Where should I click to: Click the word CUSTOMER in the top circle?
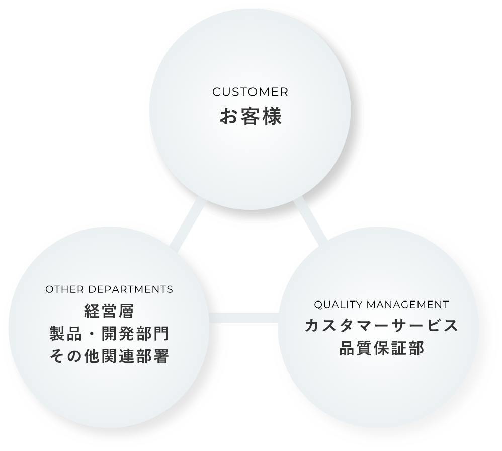(x=250, y=92)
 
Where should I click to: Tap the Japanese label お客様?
(x=250, y=116)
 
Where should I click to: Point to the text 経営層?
(x=109, y=311)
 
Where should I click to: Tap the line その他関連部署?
(x=109, y=357)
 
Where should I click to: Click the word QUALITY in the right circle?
(x=338, y=305)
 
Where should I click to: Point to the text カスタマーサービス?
(x=381, y=326)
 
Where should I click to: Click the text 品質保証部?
(x=381, y=348)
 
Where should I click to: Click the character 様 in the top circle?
(x=272, y=116)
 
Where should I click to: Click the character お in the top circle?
(x=228, y=116)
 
